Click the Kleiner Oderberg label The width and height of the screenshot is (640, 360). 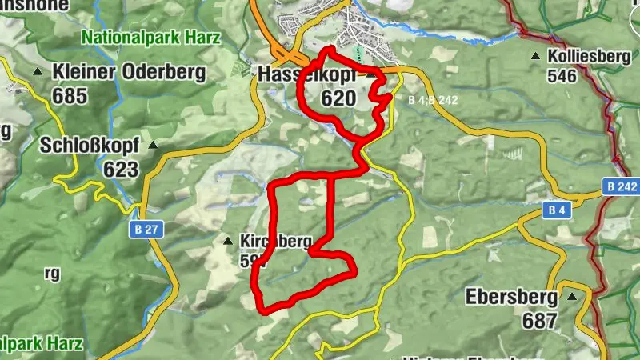coord(129,71)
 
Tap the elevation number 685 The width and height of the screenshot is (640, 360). coord(70,95)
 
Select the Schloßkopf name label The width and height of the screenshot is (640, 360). coord(90,146)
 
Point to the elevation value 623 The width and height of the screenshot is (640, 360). coord(121,170)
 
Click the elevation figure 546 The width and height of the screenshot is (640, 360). coord(563,77)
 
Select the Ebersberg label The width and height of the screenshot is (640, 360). coord(511,297)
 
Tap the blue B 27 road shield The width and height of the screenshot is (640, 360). coord(142,230)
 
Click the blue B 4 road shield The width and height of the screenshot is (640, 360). coord(558,210)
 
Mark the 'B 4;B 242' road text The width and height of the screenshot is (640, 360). coord(432,101)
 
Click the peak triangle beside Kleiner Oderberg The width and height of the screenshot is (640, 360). coord(38,72)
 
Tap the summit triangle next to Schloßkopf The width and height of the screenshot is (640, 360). coord(154,146)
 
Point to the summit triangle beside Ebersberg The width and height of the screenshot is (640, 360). coord(572,297)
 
